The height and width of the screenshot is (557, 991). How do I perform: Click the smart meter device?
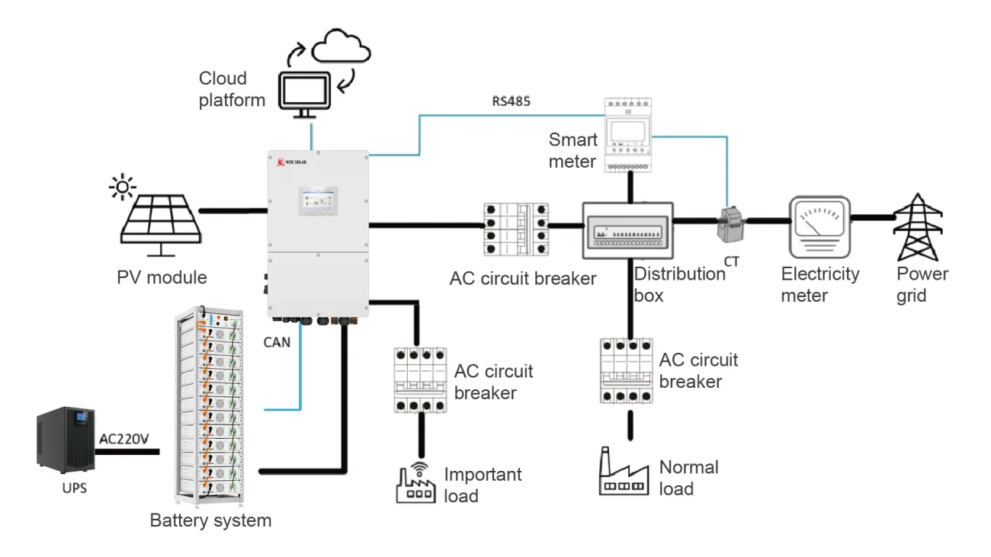coord(630,134)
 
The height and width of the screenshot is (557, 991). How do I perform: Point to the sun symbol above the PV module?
coord(123,186)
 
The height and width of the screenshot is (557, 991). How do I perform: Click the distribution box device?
coord(628,229)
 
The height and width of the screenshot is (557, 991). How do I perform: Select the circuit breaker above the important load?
coord(419,379)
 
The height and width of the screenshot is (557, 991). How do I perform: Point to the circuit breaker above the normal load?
coord(627,370)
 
